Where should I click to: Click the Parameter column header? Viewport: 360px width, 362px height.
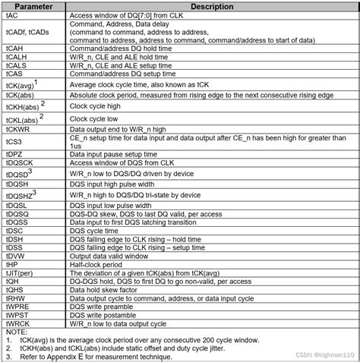point(34,7)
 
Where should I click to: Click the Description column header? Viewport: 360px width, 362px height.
point(211,7)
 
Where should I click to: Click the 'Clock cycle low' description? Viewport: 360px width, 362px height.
point(96,119)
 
